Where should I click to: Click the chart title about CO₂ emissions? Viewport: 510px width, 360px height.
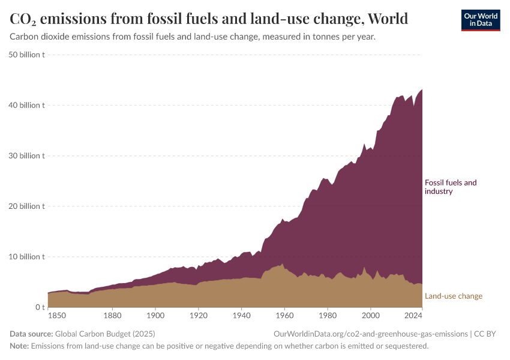[209, 19]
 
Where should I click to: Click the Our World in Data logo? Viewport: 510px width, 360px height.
[480, 20]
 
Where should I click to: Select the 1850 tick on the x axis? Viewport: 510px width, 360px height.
[57, 315]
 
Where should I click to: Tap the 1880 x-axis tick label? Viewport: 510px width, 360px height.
[112, 315]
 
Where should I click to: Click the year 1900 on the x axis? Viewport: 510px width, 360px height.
[155, 315]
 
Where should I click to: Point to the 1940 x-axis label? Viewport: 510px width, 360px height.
[241, 315]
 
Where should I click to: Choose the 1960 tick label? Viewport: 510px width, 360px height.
[284, 315]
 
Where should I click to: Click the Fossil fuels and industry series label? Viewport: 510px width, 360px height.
[451, 187]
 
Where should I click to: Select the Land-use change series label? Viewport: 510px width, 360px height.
[453, 296]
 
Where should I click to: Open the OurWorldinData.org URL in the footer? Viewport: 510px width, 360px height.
[370, 334]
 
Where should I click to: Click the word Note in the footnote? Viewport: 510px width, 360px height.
[19, 346]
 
